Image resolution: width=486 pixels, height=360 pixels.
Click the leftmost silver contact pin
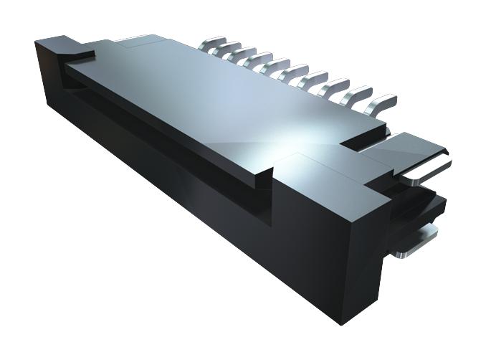[x=213, y=44]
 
